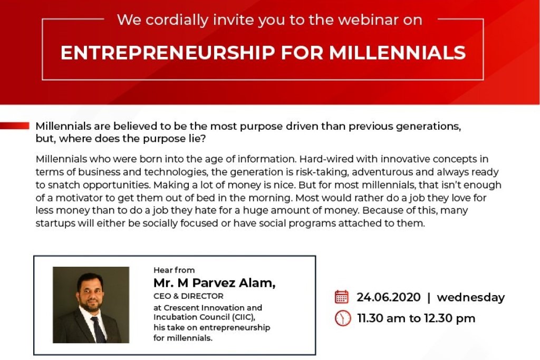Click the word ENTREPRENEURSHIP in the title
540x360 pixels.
click(x=168, y=53)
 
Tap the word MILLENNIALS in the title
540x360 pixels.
click(x=398, y=53)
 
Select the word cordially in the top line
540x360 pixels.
click(x=177, y=21)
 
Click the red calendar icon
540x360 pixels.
click(x=342, y=297)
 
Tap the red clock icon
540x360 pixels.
click(x=343, y=318)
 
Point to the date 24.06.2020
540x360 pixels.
click(x=389, y=297)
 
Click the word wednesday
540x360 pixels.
click(x=471, y=298)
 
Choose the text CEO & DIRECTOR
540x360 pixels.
click(x=188, y=296)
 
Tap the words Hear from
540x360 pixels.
click(x=174, y=270)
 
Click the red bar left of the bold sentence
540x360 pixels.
click(x=14, y=125)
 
